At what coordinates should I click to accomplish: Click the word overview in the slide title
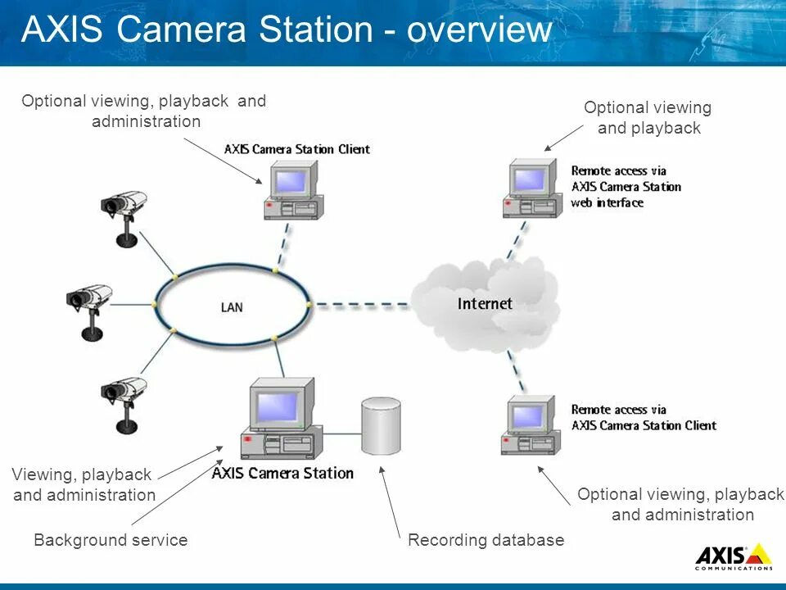point(480,30)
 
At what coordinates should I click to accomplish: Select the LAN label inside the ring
point(232,307)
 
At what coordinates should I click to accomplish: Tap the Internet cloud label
point(485,304)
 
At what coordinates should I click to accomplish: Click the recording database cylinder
point(381,425)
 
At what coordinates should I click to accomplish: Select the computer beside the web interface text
point(533,188)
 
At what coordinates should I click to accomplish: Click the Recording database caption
point(486,540)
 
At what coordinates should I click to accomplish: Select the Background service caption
point(111,540)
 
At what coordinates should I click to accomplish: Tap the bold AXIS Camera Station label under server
point(282,473)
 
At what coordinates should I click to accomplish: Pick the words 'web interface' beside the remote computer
point(607,202)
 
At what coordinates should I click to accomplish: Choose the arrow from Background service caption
point(175,492)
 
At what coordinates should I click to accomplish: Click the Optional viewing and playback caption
point(648,118)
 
